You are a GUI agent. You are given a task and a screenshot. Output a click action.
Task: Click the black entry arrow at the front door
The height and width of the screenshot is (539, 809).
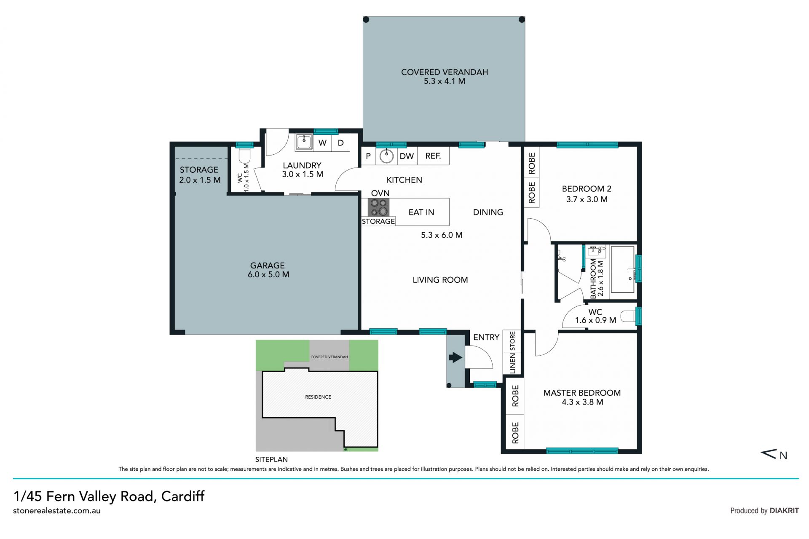pos(455,358)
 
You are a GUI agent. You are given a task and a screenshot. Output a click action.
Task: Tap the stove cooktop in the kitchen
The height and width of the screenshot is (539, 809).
pos(378,207)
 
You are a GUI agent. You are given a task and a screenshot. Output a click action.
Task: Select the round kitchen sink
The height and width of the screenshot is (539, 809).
pos(386,156)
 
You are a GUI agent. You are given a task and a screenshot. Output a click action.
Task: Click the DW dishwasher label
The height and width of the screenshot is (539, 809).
pos(407,156)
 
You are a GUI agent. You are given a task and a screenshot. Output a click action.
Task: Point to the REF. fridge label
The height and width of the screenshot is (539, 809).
pos(433,156)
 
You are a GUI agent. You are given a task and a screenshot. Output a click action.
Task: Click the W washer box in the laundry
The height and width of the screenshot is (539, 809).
pos(322,143)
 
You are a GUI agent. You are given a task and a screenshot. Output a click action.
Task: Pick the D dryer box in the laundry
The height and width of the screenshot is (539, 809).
pos(341,143)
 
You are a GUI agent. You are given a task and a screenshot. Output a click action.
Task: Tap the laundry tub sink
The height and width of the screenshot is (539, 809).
pos(303,142)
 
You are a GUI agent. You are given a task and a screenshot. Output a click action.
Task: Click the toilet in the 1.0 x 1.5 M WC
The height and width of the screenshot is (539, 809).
pos(244,155)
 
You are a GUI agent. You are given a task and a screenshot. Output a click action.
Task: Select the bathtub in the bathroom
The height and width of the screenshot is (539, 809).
pos(623,269)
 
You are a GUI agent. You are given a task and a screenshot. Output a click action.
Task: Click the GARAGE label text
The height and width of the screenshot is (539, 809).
pos(268,265)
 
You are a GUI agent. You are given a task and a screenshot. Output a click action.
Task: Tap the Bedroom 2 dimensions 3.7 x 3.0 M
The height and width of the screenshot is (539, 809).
pos(587,199)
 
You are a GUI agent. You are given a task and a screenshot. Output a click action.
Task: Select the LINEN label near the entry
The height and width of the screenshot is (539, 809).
pos(513,363)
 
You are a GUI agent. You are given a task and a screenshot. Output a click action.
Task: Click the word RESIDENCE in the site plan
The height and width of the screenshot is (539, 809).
pos(318,397)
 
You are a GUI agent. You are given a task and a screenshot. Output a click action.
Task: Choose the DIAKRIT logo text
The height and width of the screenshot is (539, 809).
pos(784,510)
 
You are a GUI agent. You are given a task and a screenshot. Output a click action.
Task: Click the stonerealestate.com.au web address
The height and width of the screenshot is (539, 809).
pos(57,511)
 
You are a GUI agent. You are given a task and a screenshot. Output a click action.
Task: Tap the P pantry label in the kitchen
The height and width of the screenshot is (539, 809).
pos(368,156)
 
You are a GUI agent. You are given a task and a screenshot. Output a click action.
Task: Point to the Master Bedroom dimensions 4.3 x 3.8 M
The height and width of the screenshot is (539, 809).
pos(582,402)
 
